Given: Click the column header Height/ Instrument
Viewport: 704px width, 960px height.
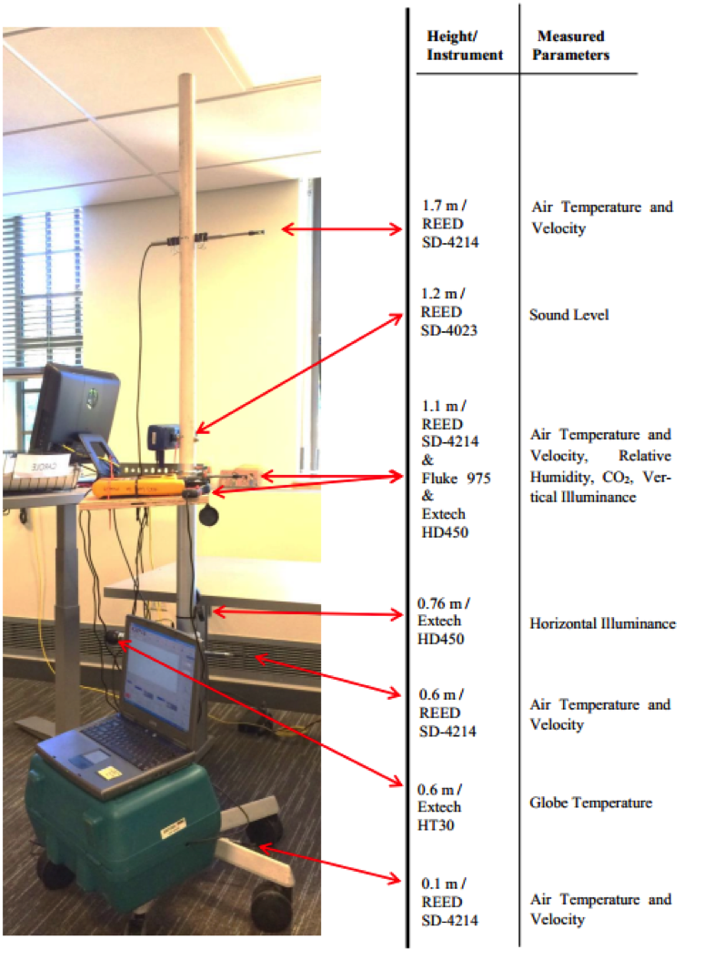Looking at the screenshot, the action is coord(465,45).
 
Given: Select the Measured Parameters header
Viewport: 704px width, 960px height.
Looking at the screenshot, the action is coord(570,45).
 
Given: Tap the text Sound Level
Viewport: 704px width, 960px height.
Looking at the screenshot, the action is coord(568,315).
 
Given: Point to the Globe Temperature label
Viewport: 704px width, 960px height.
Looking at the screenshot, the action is coord(590,803).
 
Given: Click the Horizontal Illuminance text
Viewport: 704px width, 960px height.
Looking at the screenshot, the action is coord(602,623).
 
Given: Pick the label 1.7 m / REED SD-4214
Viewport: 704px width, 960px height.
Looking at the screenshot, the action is coord(450,224).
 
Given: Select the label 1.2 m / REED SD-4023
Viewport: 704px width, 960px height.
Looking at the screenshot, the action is coord(448,312).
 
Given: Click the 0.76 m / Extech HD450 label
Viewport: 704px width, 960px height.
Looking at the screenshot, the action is coord(443,621).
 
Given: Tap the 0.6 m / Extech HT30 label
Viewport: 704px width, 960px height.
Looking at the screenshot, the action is coord(439,807).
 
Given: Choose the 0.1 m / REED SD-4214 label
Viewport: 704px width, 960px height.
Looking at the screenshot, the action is coord(449,902).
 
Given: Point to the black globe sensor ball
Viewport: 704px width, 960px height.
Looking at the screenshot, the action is coord(209,515).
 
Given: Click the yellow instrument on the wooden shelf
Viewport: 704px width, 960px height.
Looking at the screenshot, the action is coord(138,488).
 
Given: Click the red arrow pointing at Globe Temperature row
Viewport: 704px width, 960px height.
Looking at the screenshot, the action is coord(259,713).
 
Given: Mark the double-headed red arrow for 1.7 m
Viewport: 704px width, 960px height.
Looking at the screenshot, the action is coord(342,229).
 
